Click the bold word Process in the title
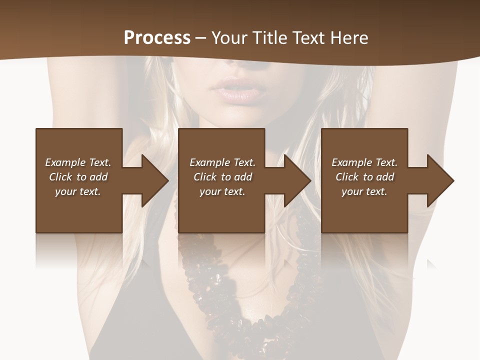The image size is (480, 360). click(x=157, y=38)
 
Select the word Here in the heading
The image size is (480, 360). click(x=348, y=38)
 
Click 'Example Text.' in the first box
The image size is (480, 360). click(x=78, y=162)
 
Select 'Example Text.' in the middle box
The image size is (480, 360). click(x=222, y=162)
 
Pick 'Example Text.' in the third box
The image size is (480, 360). click(x=364, y=162)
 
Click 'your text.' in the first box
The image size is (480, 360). click(x=78, y=191)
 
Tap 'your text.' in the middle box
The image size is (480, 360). click(x=222, y=191)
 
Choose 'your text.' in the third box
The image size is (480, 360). click(x=364, y=191)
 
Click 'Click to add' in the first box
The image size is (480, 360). click(x=78, y=177)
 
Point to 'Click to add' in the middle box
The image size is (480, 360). click(x=222, y=177)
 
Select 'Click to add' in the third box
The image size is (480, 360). click(x=364, y=177)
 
